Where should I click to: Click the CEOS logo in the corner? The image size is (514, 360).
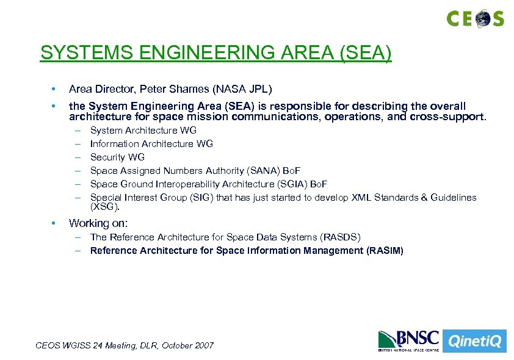[x=475, y=18]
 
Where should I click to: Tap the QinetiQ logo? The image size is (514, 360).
[x=475, y=340]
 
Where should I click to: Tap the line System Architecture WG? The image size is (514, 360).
[x=143, y=130]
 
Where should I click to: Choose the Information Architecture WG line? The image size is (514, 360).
[x=151, y=143]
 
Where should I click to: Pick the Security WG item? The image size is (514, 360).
[x=117, y=157]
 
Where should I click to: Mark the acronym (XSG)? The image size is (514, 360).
[x=104, y=206]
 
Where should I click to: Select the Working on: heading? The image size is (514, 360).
[x=98, y=223]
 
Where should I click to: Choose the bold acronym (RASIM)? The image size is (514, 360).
[x=385, y=250]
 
